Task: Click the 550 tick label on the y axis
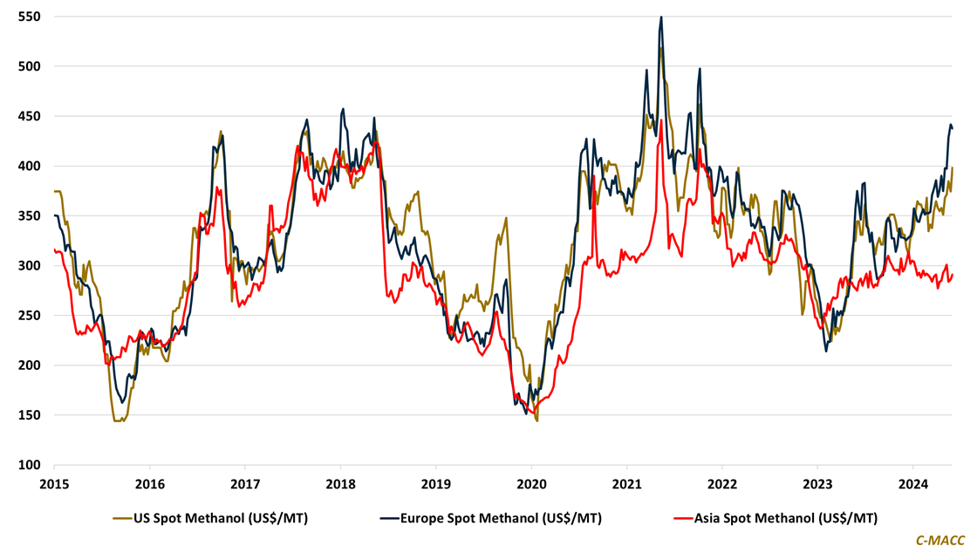(x=30, y=17)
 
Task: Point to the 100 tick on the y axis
(x=30, y=465)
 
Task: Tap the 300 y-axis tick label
(x=30, y=266)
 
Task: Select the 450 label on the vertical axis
(x=30, y=116)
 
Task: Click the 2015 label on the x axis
(x=54, y=483)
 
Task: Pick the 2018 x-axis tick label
(x=340, y=483)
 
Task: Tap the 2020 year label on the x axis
(x=531, y=483)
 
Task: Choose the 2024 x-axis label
(x=913, y=483)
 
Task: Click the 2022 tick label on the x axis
(x=722, y=483)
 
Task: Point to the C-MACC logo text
(x=939, y=541)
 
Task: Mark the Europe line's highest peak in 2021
(x=660, y=17)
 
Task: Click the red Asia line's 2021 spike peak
(x=661, y=120)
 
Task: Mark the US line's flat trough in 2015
(x=119, y=420)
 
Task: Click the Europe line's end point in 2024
(x=953, y=129)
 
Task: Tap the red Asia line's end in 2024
(x=953, y=275)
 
